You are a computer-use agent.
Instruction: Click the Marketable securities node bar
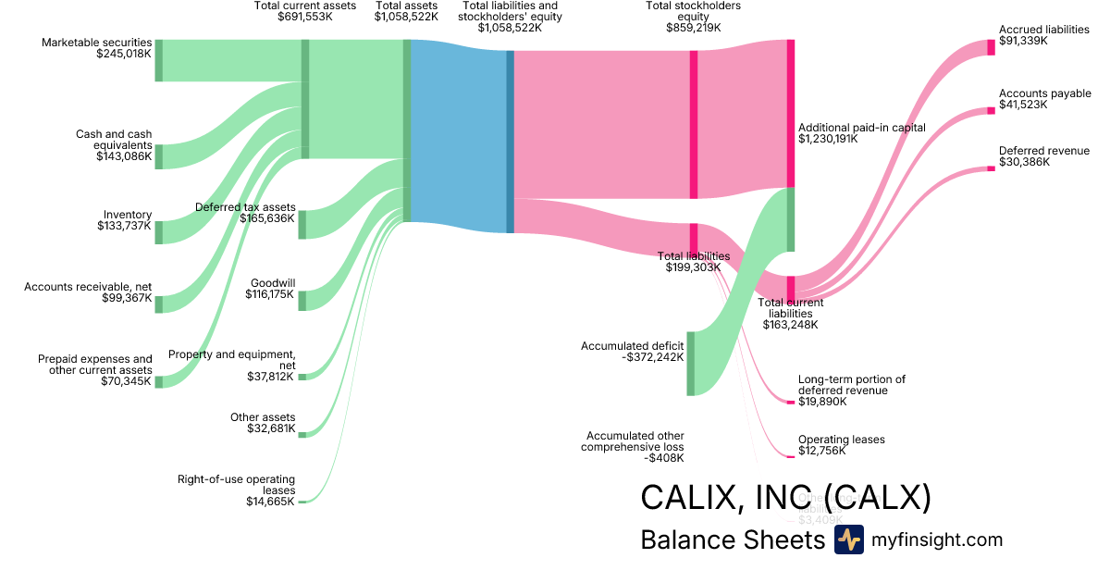[x=158, y=60]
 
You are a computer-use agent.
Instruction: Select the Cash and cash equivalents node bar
[x=158, y=156]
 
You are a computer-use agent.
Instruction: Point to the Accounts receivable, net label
[x=88, y=287]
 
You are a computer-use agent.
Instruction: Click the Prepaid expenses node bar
[x=158, y=381]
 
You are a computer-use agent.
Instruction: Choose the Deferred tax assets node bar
[x=302, y=224]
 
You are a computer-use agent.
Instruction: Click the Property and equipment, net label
[x=232, y=360]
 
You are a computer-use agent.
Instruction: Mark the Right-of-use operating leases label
[x=236, y=484]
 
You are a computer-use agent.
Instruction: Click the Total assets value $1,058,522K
[x=406, y=17]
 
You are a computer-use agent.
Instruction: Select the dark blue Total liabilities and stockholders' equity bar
[x=510, y=142]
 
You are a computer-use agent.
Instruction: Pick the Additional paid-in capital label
[x=861, y=128]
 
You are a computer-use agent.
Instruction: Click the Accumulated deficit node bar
[x=690, y=363]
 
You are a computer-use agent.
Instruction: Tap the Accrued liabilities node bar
[x=991, y=47]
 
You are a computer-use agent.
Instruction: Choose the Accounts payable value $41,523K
[x=1023, y=105]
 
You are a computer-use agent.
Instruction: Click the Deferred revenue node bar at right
[x=991, y=167]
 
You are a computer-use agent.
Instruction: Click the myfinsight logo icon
[x=848, y=540]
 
